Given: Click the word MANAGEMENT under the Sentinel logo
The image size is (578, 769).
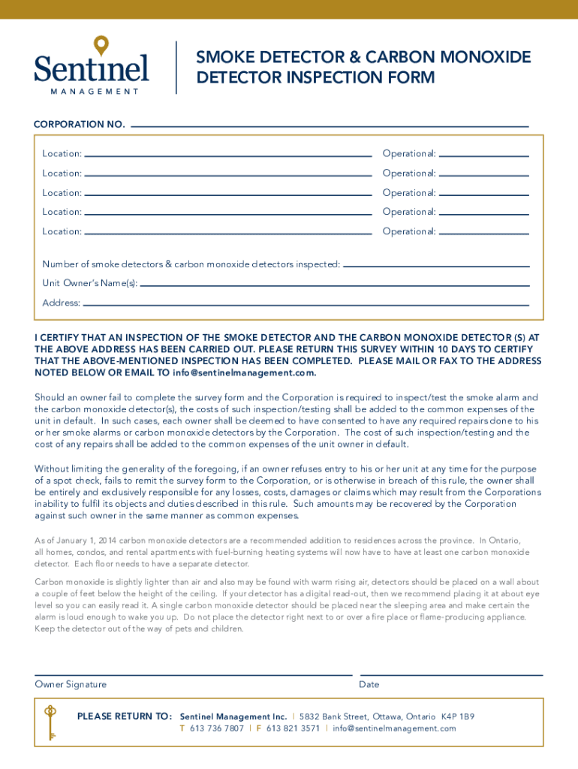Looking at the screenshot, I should (95, 92).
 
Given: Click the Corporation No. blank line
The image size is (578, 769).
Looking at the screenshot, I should (330, 125).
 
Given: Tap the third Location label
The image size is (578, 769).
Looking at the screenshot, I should (62, 193).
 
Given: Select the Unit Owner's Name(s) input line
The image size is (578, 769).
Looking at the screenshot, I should (335, 285).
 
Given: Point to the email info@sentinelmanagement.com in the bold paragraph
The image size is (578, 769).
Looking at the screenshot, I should (244, 372).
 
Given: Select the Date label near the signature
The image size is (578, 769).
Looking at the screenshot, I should (369, 685).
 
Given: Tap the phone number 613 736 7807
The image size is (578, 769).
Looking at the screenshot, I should (217, 728).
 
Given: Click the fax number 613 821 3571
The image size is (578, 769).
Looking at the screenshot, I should (293, 728).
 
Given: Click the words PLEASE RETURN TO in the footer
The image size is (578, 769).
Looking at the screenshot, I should (125, 716).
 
